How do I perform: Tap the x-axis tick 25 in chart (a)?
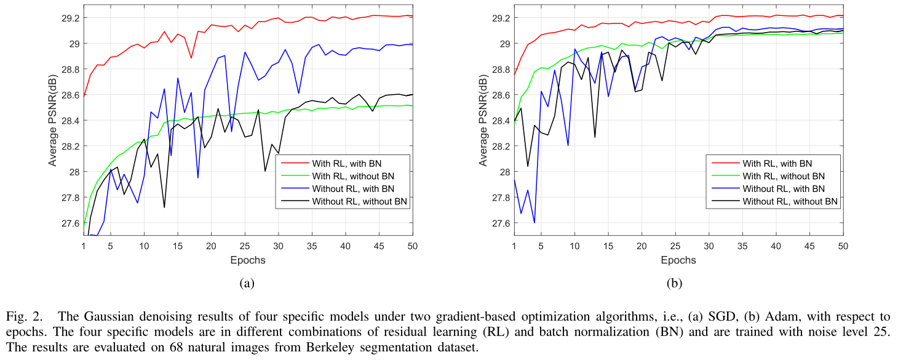coord(245,246)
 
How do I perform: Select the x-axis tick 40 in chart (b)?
coord(776,246)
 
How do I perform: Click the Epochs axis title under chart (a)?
coord(248,260)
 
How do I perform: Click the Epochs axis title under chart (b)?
coord(678,260)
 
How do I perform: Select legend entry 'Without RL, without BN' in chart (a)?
coord(360,201)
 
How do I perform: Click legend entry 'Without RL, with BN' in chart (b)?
coord(782,188)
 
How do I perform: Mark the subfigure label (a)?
coord(247,284)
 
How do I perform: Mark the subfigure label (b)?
coord(678,284)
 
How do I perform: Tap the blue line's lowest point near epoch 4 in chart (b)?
coord(534,223)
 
